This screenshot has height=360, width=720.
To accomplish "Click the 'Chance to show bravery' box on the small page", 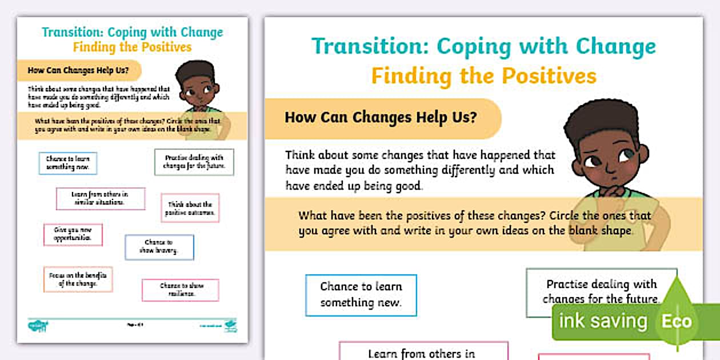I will point(159,247).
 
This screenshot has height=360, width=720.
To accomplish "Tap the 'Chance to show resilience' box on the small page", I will point(181,290).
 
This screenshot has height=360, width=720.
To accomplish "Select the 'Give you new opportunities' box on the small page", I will point(73,234).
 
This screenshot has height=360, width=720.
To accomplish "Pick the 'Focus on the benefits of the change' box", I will point(78,279).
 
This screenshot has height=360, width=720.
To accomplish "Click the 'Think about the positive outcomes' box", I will point(190,208).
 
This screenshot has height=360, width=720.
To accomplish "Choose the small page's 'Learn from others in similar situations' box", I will point(100,198).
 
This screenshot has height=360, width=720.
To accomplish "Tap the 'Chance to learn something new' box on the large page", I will point(361,295).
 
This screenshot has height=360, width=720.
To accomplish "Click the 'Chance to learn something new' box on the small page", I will point(68,163).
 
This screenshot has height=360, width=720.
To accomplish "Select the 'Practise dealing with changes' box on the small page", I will point(194,162).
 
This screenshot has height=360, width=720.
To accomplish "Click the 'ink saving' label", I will point(603,321).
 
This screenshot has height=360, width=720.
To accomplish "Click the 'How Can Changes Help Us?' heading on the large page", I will point(381,118).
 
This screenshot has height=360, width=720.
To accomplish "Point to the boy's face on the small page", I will point(195,91).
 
